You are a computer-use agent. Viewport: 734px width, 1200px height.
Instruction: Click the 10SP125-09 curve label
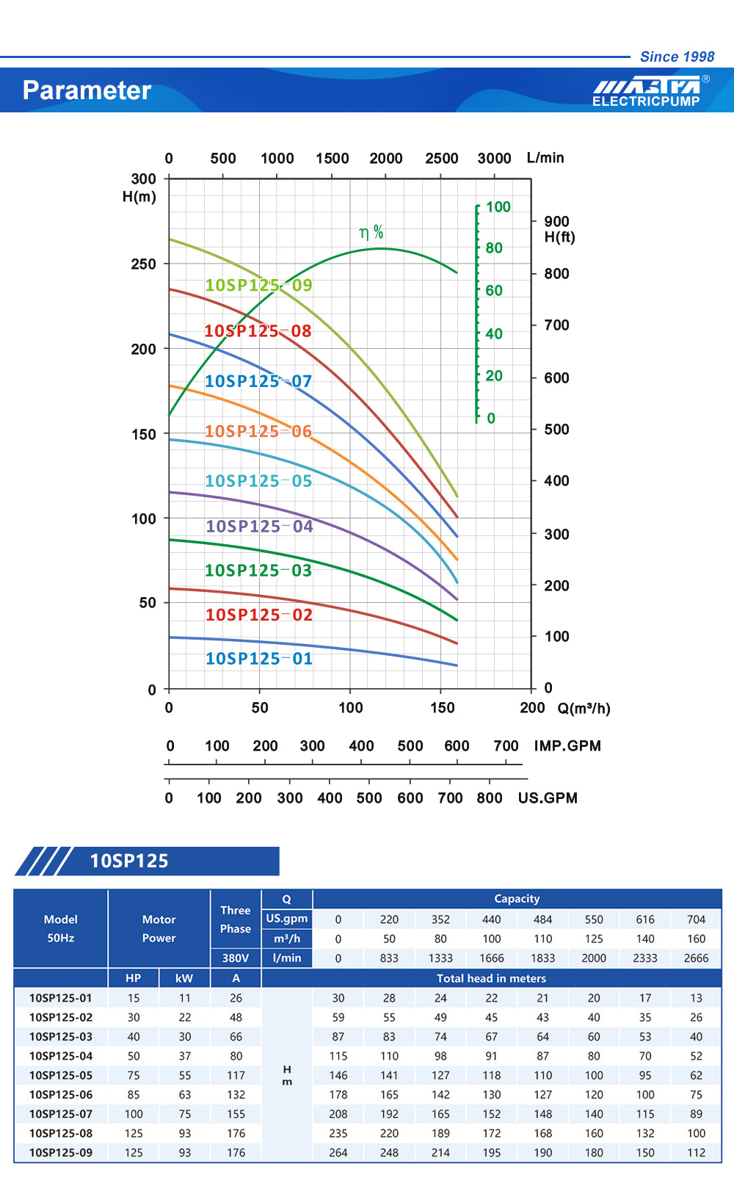(258, 285)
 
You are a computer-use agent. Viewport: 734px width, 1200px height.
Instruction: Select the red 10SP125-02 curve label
(258, 615)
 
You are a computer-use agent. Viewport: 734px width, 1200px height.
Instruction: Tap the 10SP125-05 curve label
(258, 481)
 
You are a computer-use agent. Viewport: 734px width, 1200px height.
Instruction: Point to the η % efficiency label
(371, 233)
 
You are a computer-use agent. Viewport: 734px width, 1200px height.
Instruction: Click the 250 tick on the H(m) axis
(143, 264)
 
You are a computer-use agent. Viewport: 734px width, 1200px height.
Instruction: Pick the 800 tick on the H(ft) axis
(556, 274)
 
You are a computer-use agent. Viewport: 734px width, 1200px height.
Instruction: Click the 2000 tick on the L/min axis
(386, 159)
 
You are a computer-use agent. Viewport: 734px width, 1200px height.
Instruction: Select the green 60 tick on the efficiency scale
(494, 291)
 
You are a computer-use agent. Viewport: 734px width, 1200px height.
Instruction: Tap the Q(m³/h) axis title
(584, 709)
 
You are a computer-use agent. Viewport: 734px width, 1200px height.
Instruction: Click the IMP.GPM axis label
(567, 746)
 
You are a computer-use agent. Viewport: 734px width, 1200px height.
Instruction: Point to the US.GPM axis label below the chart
(548, 798)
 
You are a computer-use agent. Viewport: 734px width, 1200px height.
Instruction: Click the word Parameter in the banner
(87, 90)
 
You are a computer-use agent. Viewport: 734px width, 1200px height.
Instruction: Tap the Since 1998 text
(677, 57)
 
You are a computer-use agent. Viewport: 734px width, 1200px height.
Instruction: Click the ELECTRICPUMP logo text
(646, 101)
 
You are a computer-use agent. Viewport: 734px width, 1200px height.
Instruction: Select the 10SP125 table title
(129, 861)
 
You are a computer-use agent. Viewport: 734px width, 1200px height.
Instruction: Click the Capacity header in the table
(517, 899)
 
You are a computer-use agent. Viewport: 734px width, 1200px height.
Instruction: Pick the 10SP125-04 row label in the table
(61, 1056)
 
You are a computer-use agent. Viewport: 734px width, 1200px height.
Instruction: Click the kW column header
(184, 978)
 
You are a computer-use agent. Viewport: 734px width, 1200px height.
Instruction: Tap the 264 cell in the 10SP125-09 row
(338, 1153)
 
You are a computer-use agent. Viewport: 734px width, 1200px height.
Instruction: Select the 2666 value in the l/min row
(696, 958)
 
